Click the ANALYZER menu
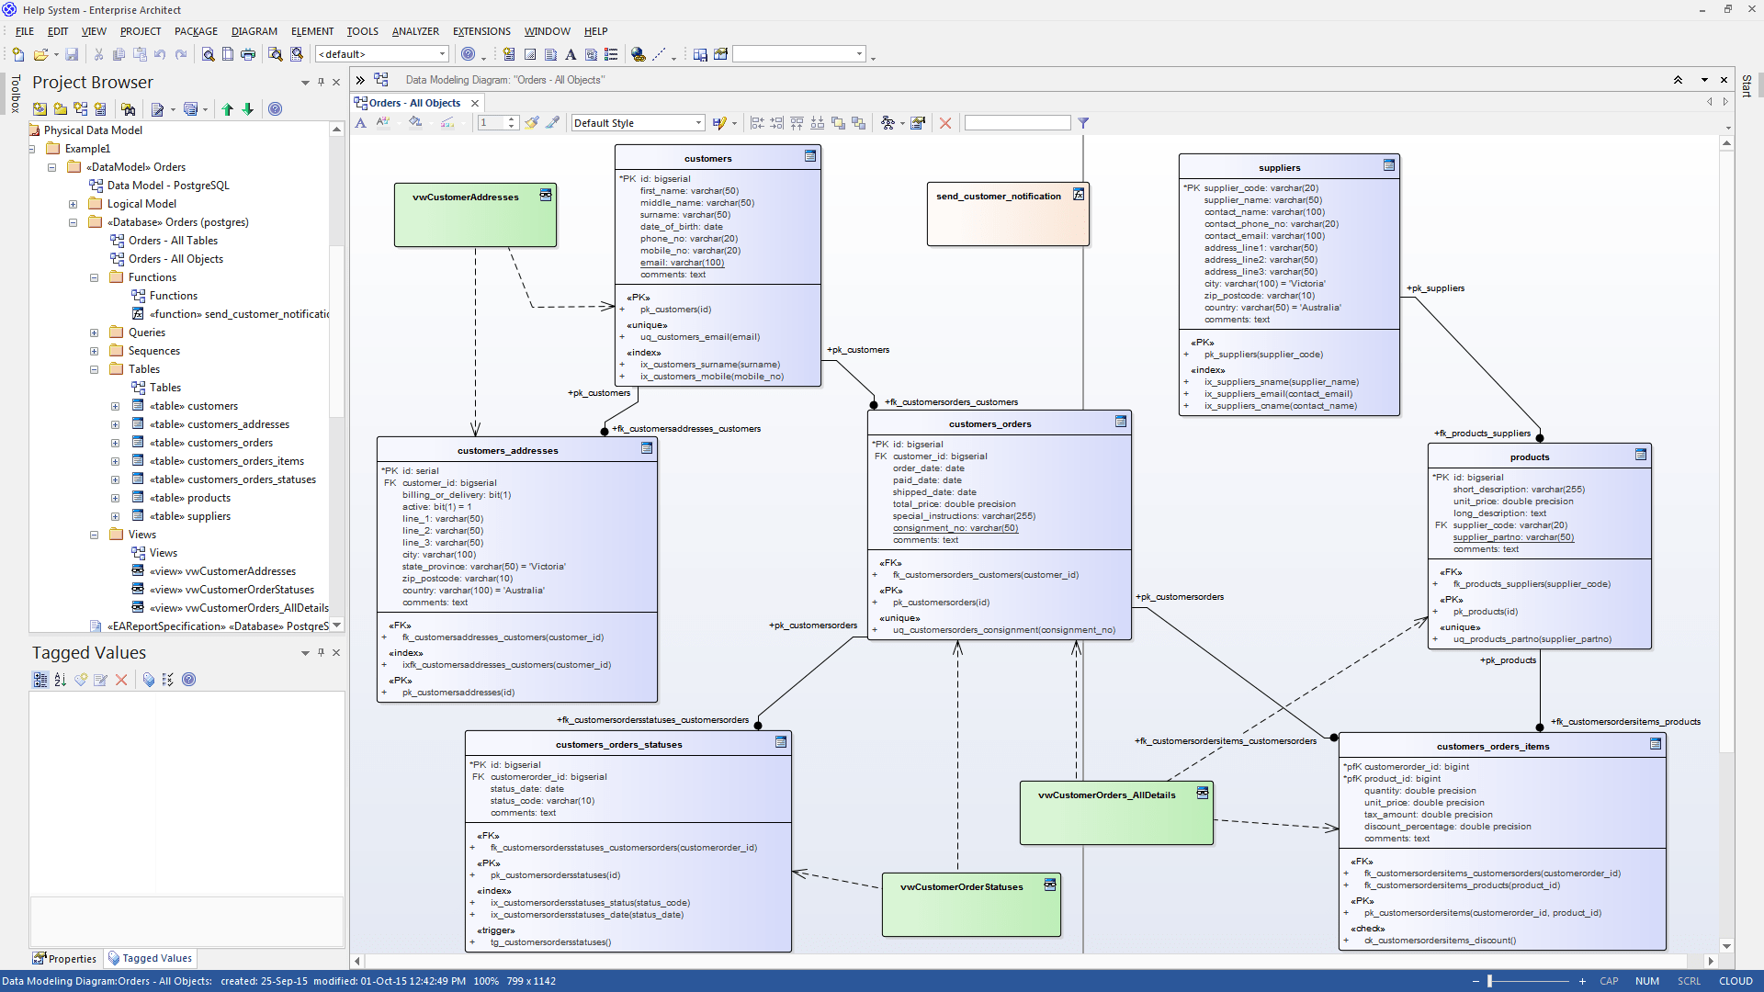415,31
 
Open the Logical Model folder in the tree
141,204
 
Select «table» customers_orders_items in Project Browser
227,461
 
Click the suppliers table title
1279,168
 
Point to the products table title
1529,457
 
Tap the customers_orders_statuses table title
618,745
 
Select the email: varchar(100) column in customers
682,263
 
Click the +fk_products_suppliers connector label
1482,434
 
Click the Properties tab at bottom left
65,958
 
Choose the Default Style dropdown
638,123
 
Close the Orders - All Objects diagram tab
475,103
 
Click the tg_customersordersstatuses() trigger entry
550,942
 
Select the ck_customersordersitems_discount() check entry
1440,941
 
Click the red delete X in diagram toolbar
944,123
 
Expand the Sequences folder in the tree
94,351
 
